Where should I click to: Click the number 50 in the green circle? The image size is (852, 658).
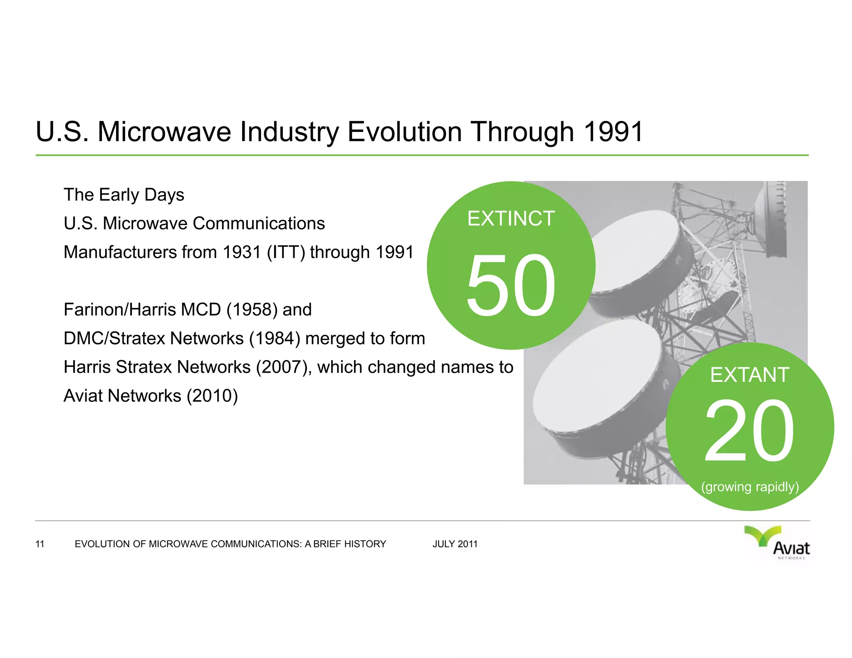click(511, 285)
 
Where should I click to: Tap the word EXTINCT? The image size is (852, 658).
click(511, 219)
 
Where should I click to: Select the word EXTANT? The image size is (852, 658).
click(750, 375)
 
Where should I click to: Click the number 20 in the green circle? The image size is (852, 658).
click(750, 431)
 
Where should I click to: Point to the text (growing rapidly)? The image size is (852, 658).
click(750, 487)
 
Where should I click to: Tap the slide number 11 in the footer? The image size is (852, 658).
click(40, 544)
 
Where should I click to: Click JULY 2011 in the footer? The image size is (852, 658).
click(455, 544)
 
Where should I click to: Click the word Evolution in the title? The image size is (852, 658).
click(404, 132)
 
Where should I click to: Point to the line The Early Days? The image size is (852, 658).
click(124, 195)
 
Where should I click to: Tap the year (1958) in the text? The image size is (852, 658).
click(252, 310)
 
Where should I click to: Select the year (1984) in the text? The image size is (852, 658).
click(275, 339)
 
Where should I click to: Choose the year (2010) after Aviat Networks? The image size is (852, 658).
click(212, 396)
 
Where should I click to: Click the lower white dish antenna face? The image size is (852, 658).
click(595, 378)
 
